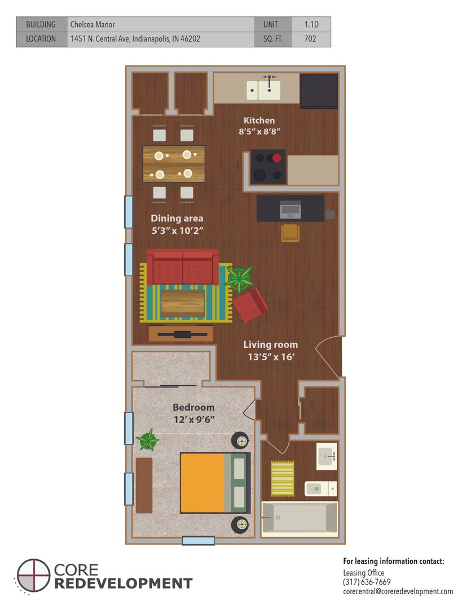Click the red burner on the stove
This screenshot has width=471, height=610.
(x=277, y=158)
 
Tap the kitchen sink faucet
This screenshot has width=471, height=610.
(x=269, y=83)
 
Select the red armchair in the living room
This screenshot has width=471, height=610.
(x=250, y=305)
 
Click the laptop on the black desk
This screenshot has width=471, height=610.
(x=290, y=210)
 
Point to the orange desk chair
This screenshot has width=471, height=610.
(x=290, y=233)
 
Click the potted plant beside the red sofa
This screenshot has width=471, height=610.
(x=239, y=278)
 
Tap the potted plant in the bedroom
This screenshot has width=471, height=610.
(x=148, y=440)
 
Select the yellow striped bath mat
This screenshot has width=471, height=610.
(x=283, y=478)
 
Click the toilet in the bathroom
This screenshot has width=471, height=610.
(x=320, y=489)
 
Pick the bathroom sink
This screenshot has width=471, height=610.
(x=327, y=456)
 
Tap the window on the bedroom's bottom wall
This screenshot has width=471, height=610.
(x=198, y=541)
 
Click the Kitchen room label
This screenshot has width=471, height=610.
(x=259, y=121)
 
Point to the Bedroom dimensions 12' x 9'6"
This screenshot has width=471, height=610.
(x=194, y=420)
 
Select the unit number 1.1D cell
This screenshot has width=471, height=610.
(x=311, y=24)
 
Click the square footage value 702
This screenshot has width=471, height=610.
(x=310, y=39)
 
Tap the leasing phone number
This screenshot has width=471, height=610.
(x=367, y=582)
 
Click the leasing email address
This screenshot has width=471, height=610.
(x=398, y=591)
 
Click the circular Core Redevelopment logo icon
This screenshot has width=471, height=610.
(x=34, y=576)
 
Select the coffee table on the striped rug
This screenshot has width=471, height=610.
(x=183, y=303)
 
